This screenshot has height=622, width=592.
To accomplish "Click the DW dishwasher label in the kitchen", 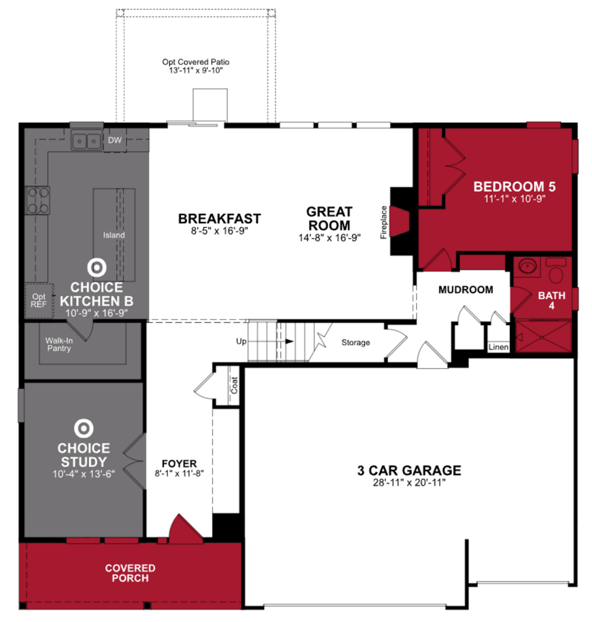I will pyautogui.click(x=115, y=140).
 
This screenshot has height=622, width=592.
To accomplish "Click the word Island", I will pyautogui.click(x=114, y=235).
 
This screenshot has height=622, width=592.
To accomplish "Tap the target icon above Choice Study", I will pyautogui.click(x=84, y=428).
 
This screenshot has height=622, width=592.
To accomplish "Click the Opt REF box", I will pyautogui.click(x=39, y=301).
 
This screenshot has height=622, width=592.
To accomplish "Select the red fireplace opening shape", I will pyautogui.click(x=399, y=221).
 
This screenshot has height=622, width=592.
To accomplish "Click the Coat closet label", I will pyautogui.click(x=234, y=385).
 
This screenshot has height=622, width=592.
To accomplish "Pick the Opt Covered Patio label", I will pyautogui.click(x=196, y=66).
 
